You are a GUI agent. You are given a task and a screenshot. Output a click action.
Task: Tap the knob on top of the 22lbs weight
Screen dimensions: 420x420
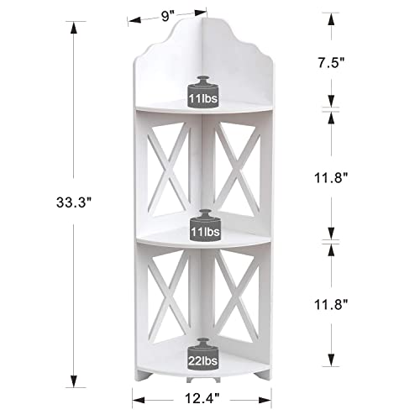201,340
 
